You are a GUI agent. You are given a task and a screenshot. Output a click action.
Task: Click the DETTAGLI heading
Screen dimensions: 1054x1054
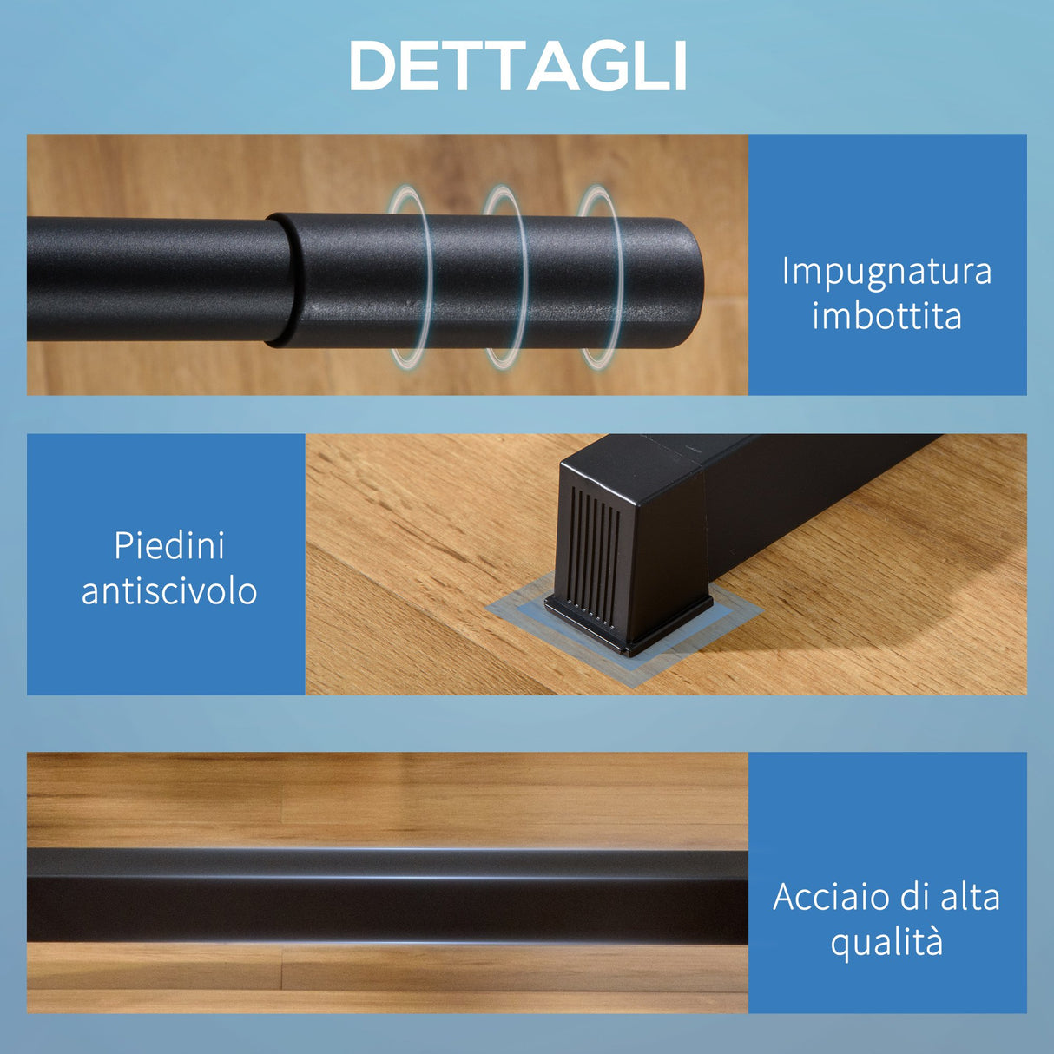[x=518, y=66]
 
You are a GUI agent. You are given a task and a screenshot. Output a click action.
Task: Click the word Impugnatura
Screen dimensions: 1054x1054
[x=886, y=271]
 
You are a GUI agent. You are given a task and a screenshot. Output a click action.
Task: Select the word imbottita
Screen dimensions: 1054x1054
[x=886, y=315]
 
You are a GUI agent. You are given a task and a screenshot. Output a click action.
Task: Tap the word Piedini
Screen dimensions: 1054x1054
[x=169, y=546]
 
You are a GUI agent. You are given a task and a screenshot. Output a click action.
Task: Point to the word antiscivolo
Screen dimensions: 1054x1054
[x=169, y=591]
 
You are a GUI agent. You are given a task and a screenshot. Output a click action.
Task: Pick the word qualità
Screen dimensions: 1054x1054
[x=886, y=943]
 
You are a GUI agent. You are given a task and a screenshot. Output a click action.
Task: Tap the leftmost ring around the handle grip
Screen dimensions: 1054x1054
[x=411, y=276]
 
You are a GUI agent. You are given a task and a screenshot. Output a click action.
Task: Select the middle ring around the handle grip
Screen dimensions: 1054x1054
[x=506, y=276]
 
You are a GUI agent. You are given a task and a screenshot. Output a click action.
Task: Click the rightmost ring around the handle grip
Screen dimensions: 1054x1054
[x=601, y=276]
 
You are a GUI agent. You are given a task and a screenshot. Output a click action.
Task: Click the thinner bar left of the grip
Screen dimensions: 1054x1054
[x=148, y=278]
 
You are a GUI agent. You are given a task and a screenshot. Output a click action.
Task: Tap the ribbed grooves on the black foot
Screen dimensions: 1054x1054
[x=595, y=552]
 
